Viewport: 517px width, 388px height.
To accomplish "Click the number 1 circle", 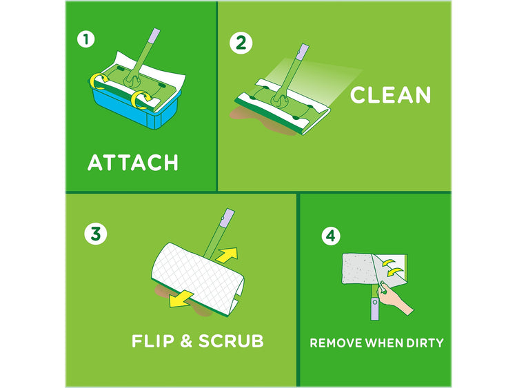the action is click(86, 39).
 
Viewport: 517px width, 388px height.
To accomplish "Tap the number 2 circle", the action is click(241, 43).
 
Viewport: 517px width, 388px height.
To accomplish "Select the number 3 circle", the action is click(96, 234).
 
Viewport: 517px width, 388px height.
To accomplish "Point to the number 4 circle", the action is click(331, 236).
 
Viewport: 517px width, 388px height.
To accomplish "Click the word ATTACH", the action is click(133, 163).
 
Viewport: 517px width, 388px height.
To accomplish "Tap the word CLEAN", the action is click(390, 95).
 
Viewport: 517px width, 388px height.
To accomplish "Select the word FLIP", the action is click(152, 340).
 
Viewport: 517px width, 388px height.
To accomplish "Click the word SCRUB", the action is click(231, 340).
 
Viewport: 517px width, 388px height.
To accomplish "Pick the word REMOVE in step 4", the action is click(336, 343).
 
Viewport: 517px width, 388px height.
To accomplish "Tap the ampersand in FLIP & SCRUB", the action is click(186, 341).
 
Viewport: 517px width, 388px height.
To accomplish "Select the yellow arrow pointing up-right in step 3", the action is click(227, 255).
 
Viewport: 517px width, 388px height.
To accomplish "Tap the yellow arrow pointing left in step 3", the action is click(181, 298).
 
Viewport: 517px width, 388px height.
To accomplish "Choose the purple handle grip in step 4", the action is click(374, 309).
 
